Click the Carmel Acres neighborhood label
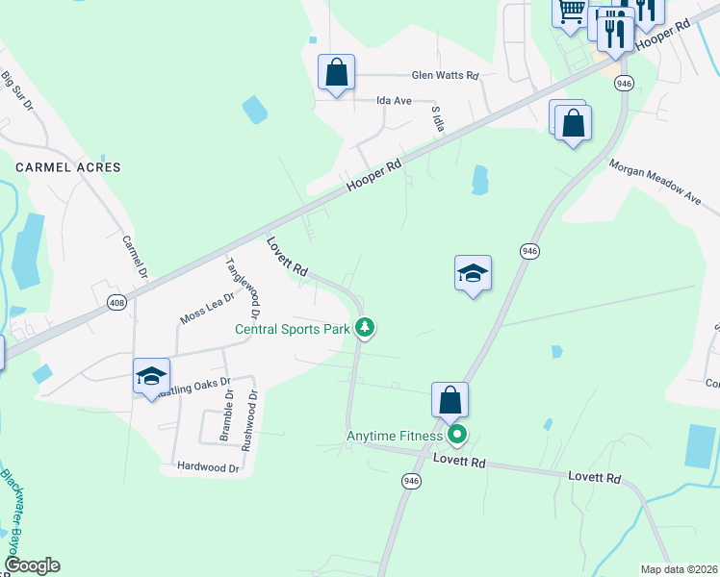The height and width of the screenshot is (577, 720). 68,167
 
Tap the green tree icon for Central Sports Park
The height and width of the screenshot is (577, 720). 364,329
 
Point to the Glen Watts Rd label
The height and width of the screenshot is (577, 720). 445,75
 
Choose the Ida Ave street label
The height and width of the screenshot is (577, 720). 395,99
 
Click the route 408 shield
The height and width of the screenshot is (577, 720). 116,302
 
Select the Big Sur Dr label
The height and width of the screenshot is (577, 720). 17,92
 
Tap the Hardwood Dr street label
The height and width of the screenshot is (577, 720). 208,467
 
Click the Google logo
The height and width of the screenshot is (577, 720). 31,565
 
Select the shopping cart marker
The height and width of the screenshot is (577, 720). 571,12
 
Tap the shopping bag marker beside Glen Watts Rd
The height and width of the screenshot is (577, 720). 337,72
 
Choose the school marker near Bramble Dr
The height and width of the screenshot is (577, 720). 152,376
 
